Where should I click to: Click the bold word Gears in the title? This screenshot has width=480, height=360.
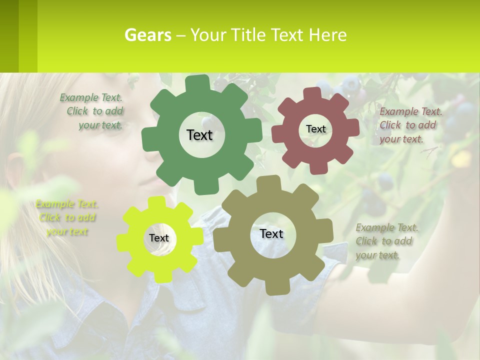[147, 35]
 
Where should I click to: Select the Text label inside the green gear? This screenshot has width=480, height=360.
[199, 135]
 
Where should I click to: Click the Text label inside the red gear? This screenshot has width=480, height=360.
[315, 129]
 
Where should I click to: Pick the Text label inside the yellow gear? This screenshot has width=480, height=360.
[158, 238]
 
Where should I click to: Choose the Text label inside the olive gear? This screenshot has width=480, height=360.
[271, 234]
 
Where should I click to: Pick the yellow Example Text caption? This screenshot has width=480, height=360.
[67, 217]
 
